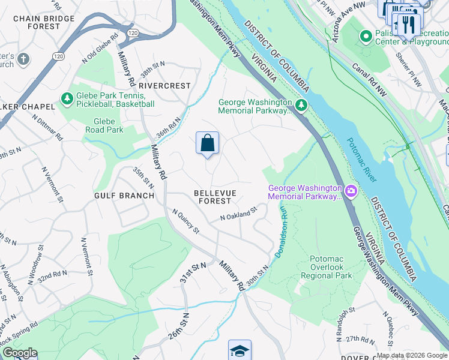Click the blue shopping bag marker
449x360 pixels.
pyautogui.click(x=207, y=143)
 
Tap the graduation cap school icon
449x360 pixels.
pyautogui.click(x=240, y=350)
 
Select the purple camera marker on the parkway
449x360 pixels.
pyautogui.click(x=351, y=192)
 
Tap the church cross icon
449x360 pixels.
pyautogui.click(x=23, y=59)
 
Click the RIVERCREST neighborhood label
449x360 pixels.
pyautogui.click(x=164, y=86)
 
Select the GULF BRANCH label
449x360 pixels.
pyautogui.click(x=124, y=196)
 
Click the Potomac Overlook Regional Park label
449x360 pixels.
pyautogui.click(x=330, y=267)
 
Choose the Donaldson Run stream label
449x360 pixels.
pyautogui.click(x=282, y=231)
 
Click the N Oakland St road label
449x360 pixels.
pyautogui.click(x=238, y=214)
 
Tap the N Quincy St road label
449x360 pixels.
pyautogui.click(x=185, y=221)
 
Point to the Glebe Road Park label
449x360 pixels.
pyautogui.click(x=104, y=125)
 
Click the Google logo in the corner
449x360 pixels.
pyautogui.click(x=20, y=353)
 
